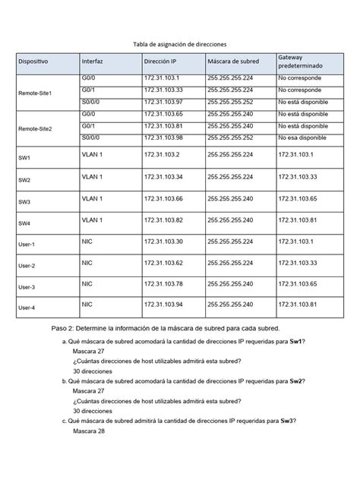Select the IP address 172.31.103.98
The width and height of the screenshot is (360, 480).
163,137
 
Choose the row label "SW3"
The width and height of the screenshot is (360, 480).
24,203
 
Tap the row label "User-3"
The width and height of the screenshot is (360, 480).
27,289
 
